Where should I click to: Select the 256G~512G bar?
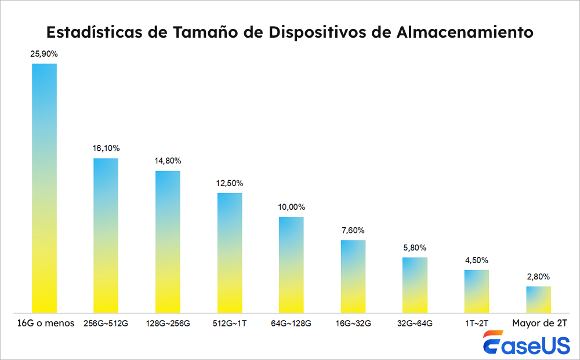[x=106, y=235]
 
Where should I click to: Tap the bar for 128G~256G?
[x=168, y=241]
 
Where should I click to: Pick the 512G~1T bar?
[x=230, y=252]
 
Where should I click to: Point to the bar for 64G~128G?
[x=291, y=264]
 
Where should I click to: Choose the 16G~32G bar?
[x=353, y=276]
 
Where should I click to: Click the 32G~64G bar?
[x=415, y=285]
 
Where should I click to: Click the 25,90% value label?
[x=44, y=54]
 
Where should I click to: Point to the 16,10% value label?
[x=106, y=148]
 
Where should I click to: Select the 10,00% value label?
[x=291, y=207]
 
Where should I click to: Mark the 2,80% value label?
[x=538, y=277]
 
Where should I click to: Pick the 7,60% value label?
[x=353, y=230]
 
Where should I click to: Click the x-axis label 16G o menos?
[x=44, y=323]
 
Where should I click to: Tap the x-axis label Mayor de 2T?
[x=539, y=323]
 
